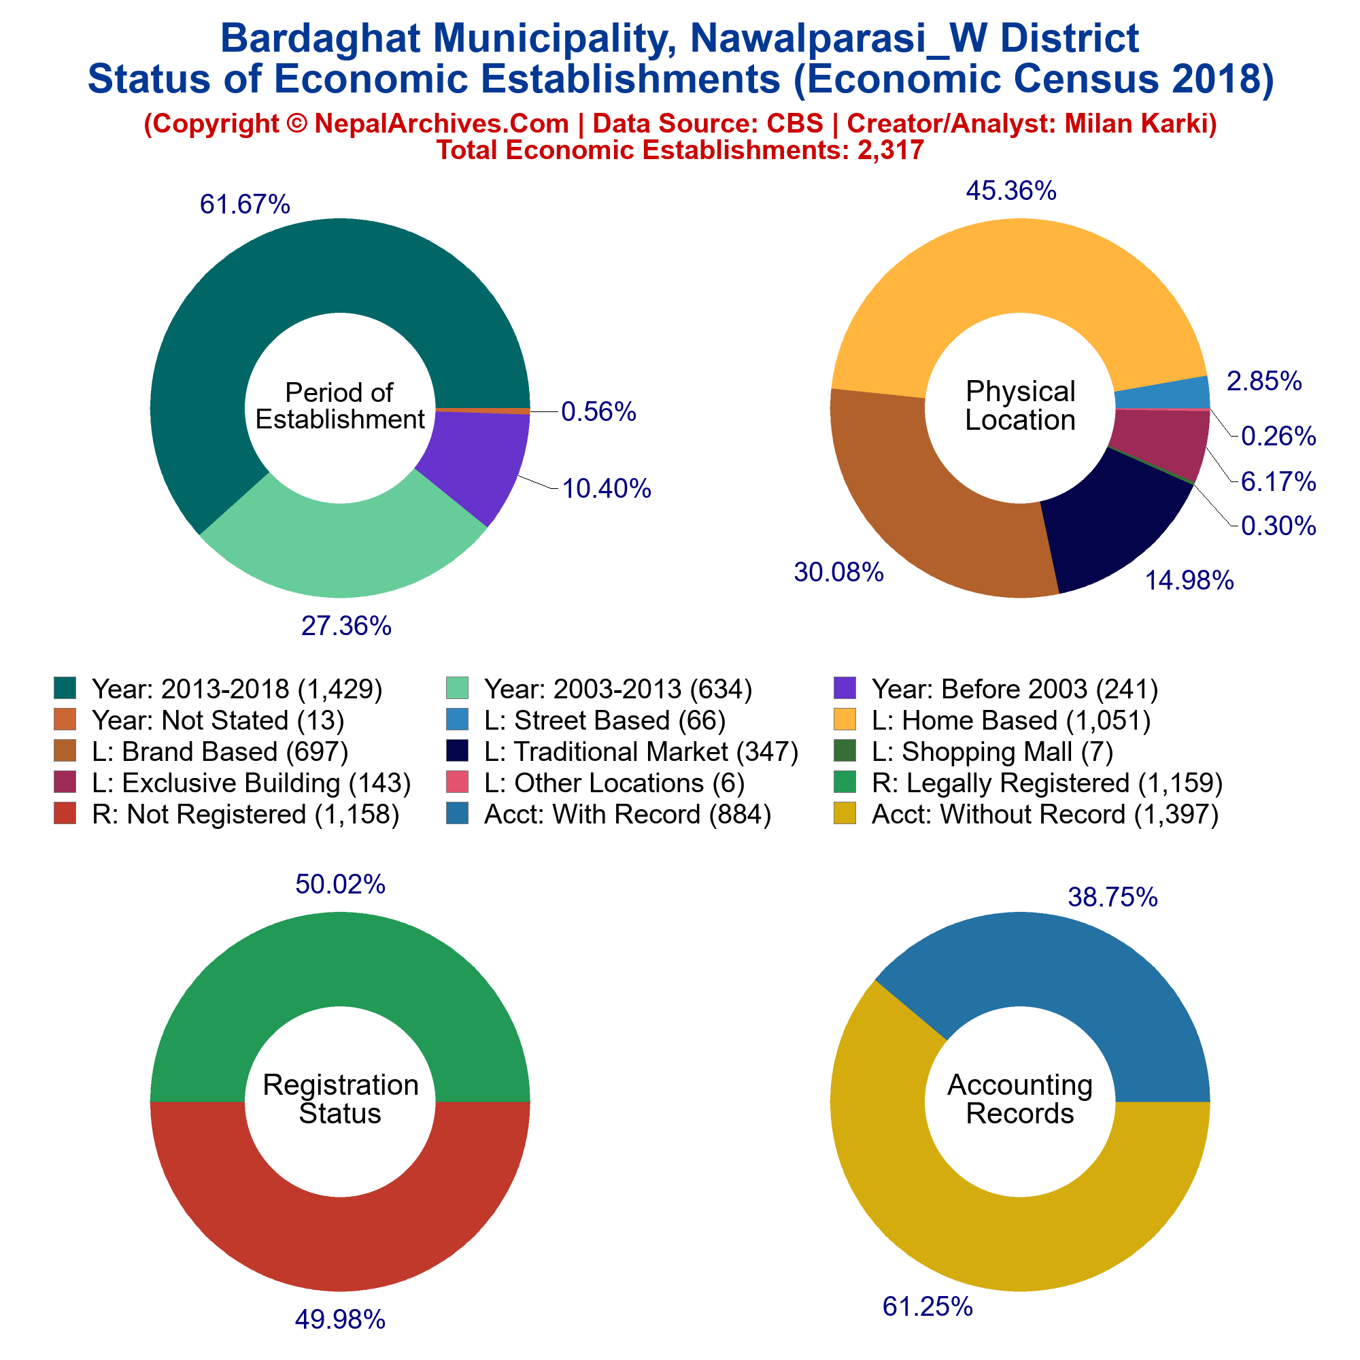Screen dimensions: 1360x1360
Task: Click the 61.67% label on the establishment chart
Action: [245, 204]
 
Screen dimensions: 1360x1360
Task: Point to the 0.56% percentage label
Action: [598, 412]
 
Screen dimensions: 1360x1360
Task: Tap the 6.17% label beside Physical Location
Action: [1278, 481]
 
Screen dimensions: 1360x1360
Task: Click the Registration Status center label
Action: [340, 1099]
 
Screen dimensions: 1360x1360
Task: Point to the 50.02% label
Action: [340, 884]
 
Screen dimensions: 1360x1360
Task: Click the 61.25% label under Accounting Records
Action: [928, 1307]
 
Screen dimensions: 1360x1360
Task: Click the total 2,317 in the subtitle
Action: [891, 150]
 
